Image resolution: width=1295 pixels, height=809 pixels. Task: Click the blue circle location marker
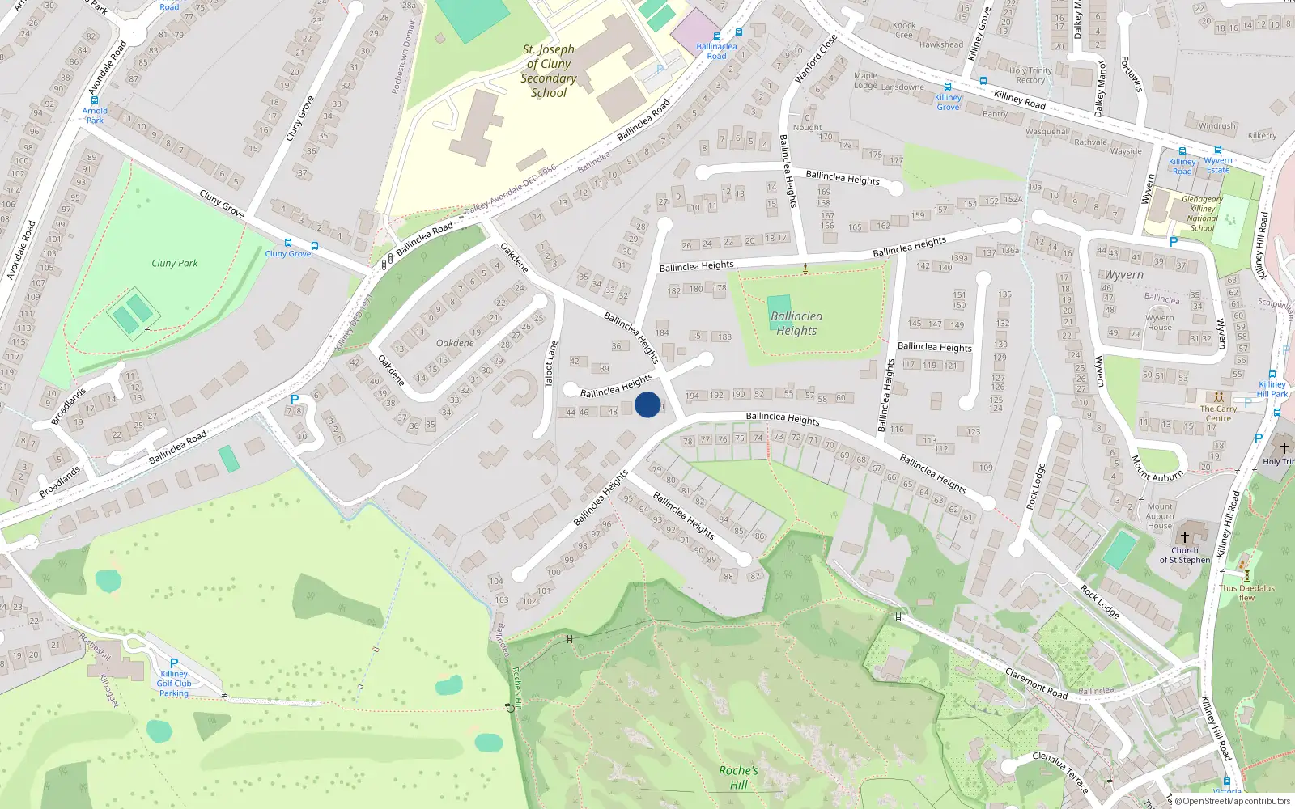(647, 404)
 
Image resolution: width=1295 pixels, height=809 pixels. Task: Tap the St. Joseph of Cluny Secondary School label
(548, 71)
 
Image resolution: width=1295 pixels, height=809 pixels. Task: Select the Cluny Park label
(174, 263)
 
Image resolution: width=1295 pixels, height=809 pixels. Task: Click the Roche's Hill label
(738, 777)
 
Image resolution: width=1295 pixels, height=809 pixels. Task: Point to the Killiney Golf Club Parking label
(174, 684)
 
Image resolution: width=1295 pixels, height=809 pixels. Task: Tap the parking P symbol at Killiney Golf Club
(174, 663)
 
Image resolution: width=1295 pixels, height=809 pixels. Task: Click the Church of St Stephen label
(1185, 555)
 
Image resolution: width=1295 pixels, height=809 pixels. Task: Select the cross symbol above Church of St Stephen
(1185, 536)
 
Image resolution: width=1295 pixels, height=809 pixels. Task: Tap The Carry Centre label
(1218, 413)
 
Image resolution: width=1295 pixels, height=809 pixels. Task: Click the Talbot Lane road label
(550, 363)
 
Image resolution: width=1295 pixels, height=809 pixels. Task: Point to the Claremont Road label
(1036, 684)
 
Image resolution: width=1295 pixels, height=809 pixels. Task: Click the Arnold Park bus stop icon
(95, 100)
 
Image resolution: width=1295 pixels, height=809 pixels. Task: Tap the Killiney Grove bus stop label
(948, 102)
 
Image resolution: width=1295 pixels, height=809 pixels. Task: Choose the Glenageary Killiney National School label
(1202, 214)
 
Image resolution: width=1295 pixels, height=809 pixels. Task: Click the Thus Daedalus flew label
(1246, 593)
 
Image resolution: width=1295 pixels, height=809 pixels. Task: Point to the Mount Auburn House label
(1160, 516)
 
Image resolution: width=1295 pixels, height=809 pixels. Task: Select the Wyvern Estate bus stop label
(1218, 165)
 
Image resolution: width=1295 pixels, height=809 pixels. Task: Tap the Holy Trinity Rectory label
(1030, 75)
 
